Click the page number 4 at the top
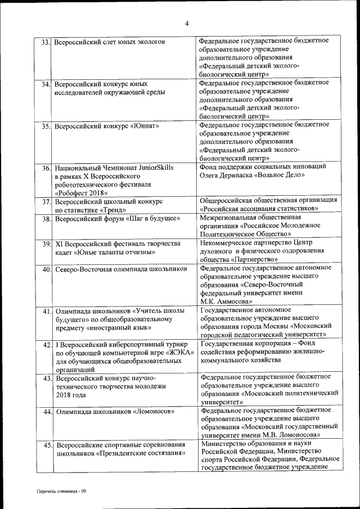[x=186, y=22]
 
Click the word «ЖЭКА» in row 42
[x=180, y=353]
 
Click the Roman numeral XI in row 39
[x=59, y=244]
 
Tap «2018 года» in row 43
[x=71, y=395]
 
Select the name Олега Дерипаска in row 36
[x=225, y=175]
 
